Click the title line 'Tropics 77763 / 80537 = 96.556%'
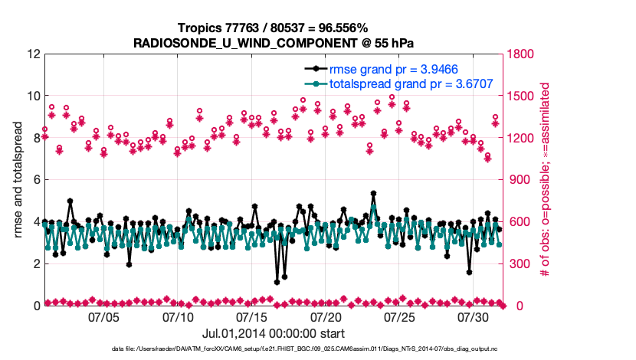tap(274, 28)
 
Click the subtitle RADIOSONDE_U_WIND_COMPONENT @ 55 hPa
tap(274, 43)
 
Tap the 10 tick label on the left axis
tap(33, 97)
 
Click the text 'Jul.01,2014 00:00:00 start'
tap(274, 333)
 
